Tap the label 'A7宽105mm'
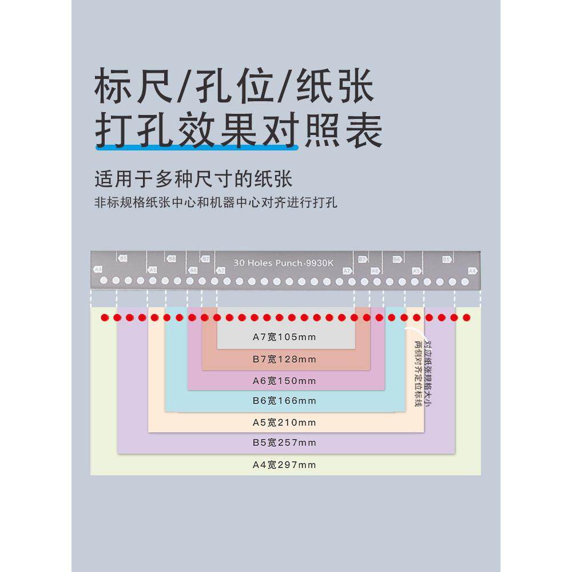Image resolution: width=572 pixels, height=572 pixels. point(284,337)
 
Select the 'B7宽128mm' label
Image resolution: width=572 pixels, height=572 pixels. point(284,359)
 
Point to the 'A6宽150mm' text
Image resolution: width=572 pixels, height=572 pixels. point(284,380)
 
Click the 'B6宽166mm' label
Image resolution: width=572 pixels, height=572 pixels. point(284,400)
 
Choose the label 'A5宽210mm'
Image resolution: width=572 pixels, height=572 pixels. point(284,423)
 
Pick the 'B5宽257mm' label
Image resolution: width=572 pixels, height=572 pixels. point(284,442)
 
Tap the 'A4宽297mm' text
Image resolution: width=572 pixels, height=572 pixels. point(284,464)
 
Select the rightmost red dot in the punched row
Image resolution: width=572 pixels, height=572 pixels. point(466,317)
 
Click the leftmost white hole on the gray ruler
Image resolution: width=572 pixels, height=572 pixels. point(104,281)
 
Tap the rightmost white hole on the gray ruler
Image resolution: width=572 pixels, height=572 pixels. point(465,281)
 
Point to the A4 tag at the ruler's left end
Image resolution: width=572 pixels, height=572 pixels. point(98,268)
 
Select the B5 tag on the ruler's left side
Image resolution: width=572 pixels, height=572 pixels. point(123,259)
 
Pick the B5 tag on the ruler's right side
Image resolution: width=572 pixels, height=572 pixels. point(447,259)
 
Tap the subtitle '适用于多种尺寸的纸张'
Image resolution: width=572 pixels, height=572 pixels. point(193,179)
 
